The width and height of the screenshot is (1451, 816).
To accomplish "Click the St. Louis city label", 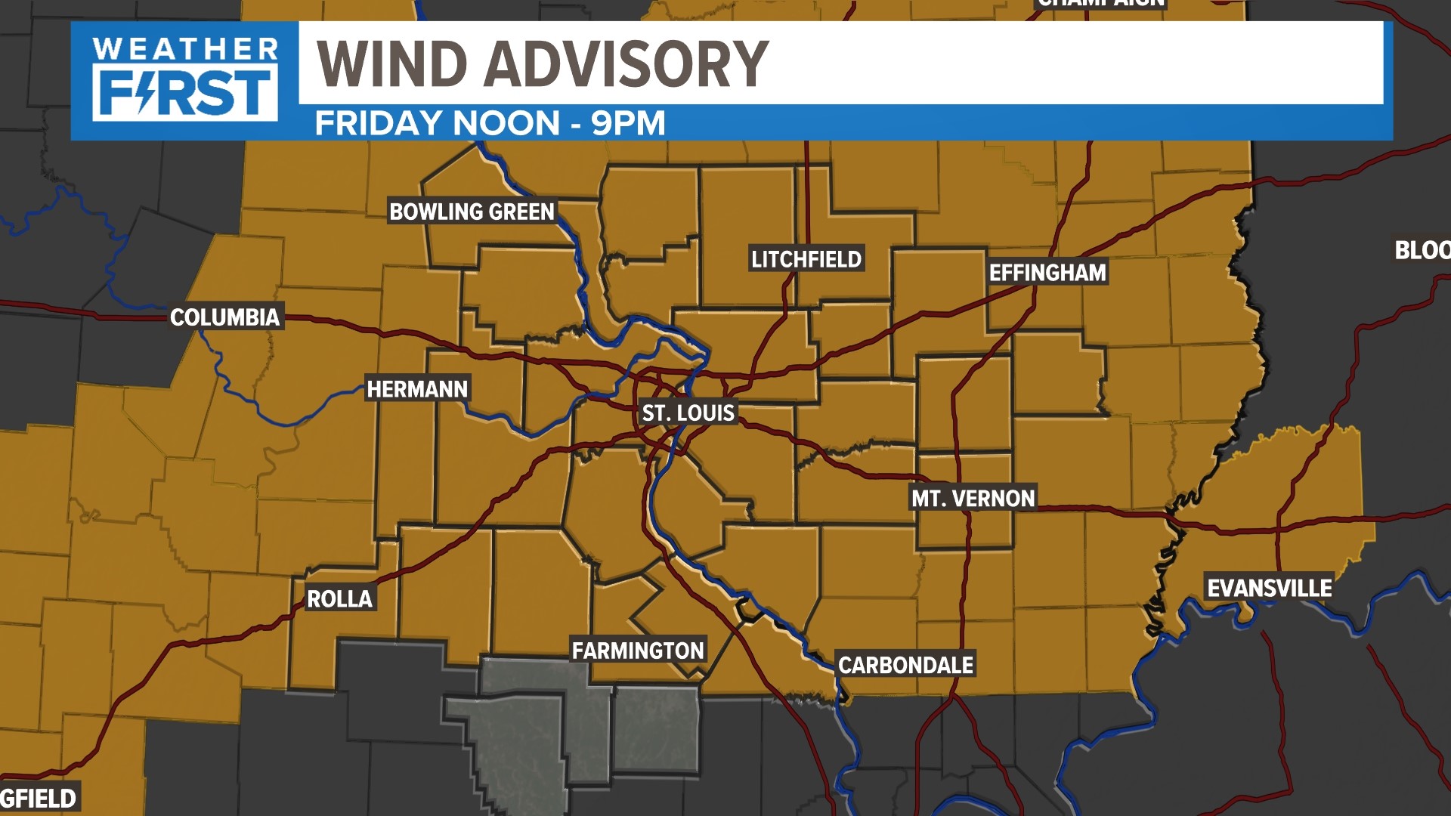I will pyautogui.click(x=688, y=413).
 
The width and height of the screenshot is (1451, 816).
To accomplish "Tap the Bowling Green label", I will pyautogui.click(x=472, y=212).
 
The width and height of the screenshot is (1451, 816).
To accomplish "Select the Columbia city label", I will pyautogui.click(x=224, y=317).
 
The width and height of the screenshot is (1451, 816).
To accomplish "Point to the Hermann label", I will pyautogui.click(x=417, y=389).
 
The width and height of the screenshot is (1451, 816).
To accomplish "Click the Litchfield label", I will pyautogui.click(x=806, y=259).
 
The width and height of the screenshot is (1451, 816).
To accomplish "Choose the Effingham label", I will pyautogui.click(x=1047, y=273).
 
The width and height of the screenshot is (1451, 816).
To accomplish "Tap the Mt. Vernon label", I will pyautogui.click(x=973, y=499).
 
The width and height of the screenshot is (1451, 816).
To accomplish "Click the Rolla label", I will pyautogui.click(x=339, y=599).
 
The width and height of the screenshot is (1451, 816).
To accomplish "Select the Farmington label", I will pyautogui.click(x=638, y=651).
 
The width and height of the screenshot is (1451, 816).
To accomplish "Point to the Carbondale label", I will pyautogui.click(x=905, y=665).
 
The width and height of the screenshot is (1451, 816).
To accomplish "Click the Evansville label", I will pyautogui.click(x=1269, y=589).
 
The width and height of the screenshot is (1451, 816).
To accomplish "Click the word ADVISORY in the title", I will pyautogui.click(x=626, y=63).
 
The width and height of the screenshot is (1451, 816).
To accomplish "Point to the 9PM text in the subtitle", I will pyautogui.click(x=628, y=123).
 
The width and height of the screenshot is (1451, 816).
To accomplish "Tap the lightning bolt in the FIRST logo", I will pyautogui.click(x=147, y=92).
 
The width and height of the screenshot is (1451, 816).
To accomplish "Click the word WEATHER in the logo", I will pyautogui.click(x=185, y=50).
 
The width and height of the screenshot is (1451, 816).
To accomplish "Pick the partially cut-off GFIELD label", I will pyautogui.click(x=39, y=798).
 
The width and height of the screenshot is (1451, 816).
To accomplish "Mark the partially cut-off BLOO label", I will pyautogui.click(x=1422, y=250).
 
